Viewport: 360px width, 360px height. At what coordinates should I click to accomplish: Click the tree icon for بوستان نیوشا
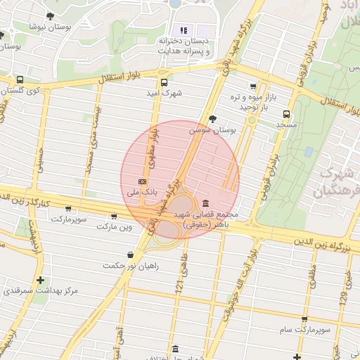(49, 15)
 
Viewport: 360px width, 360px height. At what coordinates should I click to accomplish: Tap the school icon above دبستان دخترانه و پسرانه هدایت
(184, 30)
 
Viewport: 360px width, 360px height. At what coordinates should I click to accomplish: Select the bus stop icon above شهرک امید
(164, 82)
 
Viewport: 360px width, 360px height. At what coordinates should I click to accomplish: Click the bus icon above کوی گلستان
(20, 80)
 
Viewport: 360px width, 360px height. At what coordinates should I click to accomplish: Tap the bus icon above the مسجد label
(286, 114)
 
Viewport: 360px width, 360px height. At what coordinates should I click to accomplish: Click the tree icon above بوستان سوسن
(212, 119)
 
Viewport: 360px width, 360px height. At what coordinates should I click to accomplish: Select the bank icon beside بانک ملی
(143, 181)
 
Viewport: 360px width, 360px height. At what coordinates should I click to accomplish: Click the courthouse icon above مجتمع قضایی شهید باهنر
(205, 203)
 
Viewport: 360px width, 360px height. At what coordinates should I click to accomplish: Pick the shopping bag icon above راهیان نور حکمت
(130, 255)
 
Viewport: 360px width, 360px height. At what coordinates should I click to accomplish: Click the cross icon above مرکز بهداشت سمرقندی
(40, 280)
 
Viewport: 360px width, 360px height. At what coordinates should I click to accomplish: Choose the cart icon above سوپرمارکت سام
(304, 319)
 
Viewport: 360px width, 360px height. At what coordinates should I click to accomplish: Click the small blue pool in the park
(309, 152)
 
